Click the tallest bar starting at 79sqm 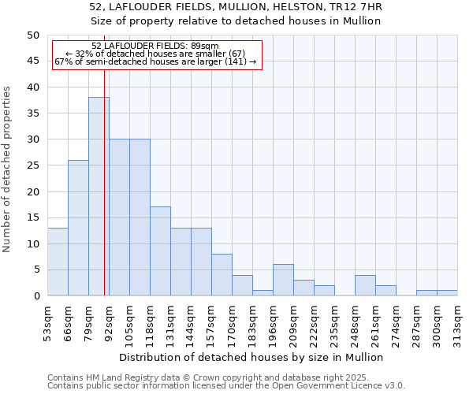(x=99, y=196)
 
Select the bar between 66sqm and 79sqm (x=78, y=228)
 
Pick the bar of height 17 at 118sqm (x=160, y=251)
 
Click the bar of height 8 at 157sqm (x=222, y=275)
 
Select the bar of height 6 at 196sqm (x=283, y=280)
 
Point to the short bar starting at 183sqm (x=263, y=292)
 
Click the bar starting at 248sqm (x=365, y=285)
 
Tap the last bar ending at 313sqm (x=447, y=293)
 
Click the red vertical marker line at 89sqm (x=104, y=197)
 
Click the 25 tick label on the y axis (x=32, y=165)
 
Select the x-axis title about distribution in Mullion (x=251, y=357)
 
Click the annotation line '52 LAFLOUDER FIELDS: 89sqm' (x=155, y=46)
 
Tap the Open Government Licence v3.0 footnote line (x=226, y=385)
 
